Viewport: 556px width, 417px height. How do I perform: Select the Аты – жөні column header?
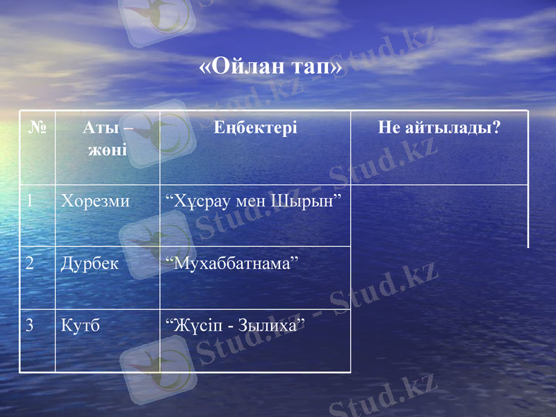click(x=108, y=138)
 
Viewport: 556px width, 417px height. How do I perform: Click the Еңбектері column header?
click(x=255, y=128)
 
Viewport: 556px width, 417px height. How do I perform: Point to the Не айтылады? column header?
click(x=439, y=128)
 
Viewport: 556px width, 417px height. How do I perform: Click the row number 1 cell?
click(x=30, y=202)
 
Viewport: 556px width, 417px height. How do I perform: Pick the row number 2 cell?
click(x=30, y=263)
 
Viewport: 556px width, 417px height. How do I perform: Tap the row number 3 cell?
click(x=30, y=325)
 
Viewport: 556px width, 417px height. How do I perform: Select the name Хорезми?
click(x=95, y=202)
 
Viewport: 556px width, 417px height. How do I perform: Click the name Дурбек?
click(x=90, y=263)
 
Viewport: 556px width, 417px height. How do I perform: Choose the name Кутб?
click(x=80, y=325)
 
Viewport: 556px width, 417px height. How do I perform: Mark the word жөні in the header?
click(x=108, y=149)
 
